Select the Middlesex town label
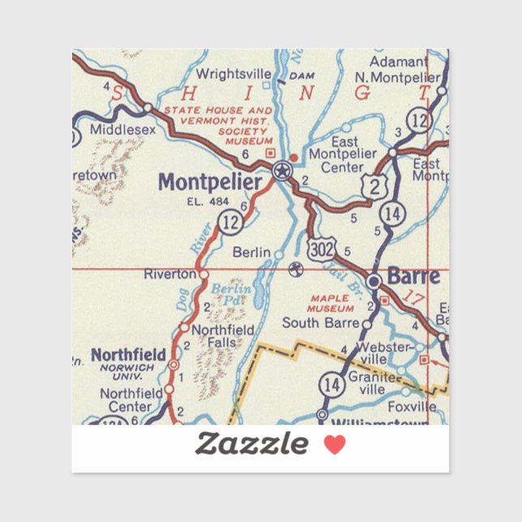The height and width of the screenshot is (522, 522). [122, 129]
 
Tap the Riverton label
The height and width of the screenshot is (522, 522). [170, 274]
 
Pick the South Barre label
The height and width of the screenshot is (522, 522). [320, 323]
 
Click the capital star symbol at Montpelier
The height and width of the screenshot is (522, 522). [281, 170]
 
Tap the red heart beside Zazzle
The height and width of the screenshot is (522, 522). [334, 444]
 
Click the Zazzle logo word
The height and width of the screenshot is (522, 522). [251, 444]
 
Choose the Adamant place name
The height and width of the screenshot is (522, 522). [398, 62]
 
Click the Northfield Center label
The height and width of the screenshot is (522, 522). [126, 400]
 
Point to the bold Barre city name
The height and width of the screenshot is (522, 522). [413, 276]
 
